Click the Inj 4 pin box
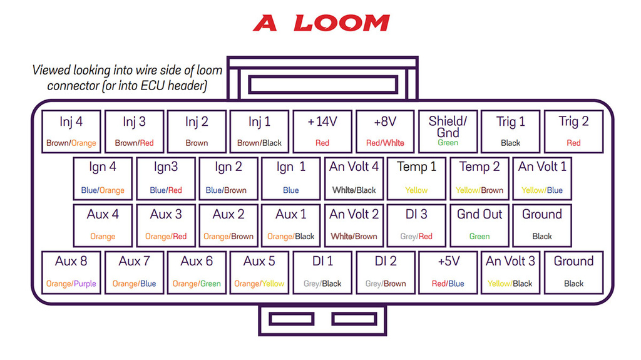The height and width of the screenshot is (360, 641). click(71, 131)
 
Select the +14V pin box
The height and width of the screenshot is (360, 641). click(322, 131)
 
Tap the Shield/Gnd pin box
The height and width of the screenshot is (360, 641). click(448, 131)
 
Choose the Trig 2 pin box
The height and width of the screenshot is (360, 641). click(573, 131)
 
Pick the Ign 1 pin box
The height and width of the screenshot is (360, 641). click(290, 179)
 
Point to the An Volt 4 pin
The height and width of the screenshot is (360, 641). click(354, 179)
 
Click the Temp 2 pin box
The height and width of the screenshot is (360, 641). click(479, 179)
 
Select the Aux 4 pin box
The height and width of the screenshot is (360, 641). click(103, 226)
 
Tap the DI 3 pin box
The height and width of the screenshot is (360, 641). click(416, 226)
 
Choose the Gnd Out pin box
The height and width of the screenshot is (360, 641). click(479, 226)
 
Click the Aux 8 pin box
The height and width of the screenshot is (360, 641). click(71, 273)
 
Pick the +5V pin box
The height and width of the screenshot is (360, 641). click(448, 273)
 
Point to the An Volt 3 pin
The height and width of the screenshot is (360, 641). click(511, 273)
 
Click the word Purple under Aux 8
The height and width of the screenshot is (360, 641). click(85, 284)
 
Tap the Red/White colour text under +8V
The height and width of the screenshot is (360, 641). click(385, 143)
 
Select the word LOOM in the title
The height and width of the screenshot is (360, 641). click(342, 23)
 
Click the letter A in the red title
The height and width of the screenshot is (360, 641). click(265, 23)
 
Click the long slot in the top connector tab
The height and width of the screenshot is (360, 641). click(323, 85)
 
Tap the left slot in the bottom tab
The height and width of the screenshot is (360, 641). click(292, 319)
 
